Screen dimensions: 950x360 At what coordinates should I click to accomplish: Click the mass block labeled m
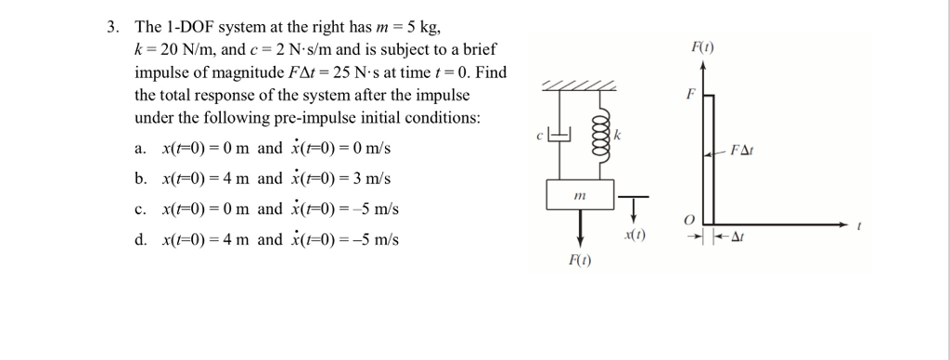click(x=581, y=195)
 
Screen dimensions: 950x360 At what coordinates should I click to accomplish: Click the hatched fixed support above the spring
click(x=582, y=85)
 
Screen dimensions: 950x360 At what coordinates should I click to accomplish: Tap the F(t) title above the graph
click(x=702, y=46)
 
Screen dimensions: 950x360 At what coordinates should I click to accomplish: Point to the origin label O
click(x=687, y=219)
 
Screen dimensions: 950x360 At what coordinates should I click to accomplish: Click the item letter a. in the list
click(x=139, y=148)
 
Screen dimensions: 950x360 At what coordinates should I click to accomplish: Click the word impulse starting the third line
click(x=161, y=72)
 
